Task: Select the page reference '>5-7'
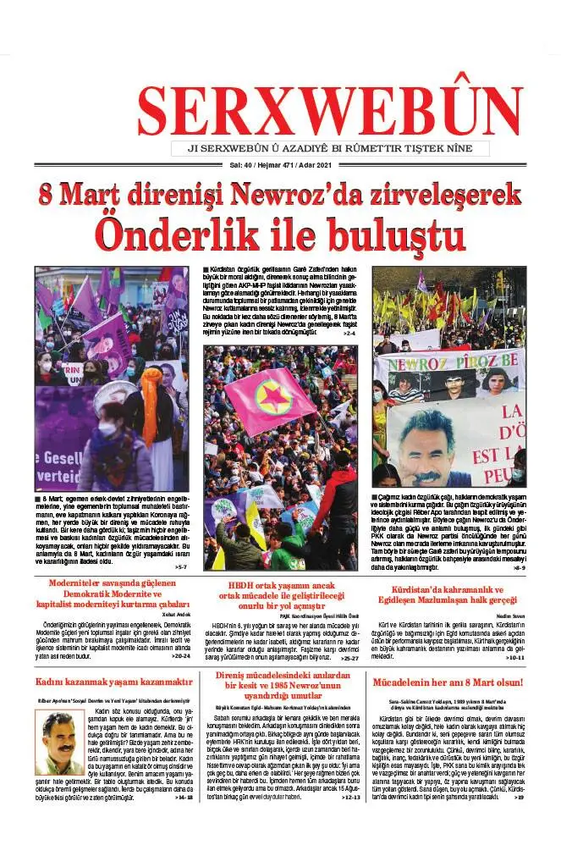pos(179,566)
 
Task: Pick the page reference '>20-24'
pos(180,655)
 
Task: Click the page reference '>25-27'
pos(349,657)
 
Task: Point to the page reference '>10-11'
pos(515,657)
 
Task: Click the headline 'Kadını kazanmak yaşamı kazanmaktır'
pos(113,682)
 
